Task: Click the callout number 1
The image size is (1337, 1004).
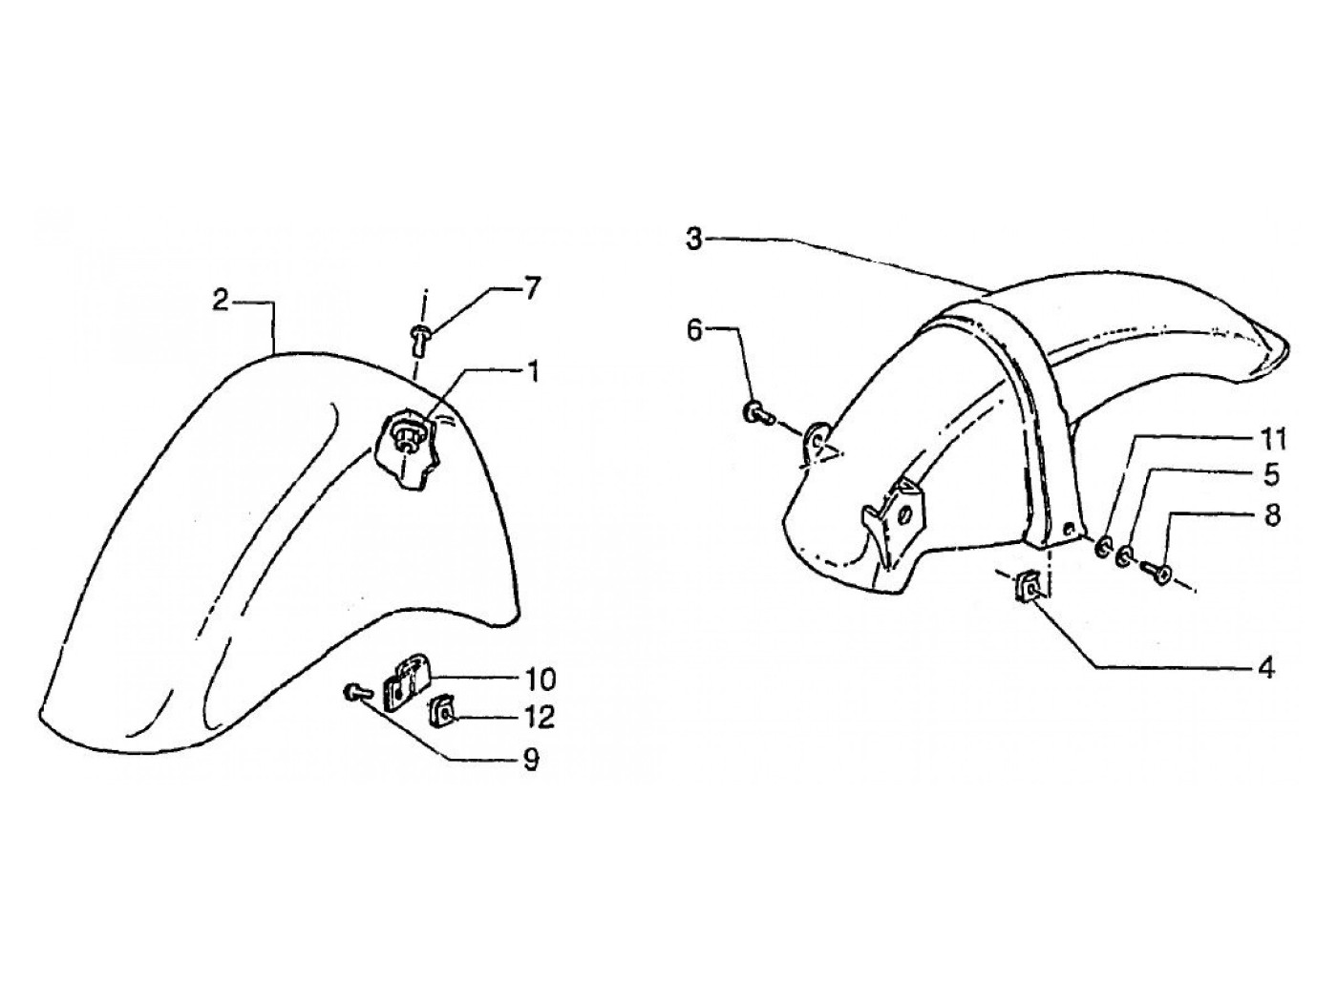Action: pyautogui.click(x=532, y=371)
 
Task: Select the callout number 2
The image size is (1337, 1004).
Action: pyautogui.click(x=221, y=302)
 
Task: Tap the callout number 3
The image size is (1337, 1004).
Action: pyautogui.click(x=695, y=239)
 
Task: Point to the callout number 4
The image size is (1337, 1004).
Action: pyautogui.click(x=1265, y=667)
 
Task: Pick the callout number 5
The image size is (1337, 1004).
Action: pyautogui.click(x=1270, y=474)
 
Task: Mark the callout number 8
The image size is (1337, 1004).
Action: pyautogui.click(x=1270, y=515)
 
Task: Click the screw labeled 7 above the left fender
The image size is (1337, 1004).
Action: pyautogui.click(x=420, y=333)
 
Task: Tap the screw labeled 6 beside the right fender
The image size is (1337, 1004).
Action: pyautogui.click(x=753, y=413)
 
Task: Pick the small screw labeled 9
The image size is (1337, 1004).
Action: pyautogui.click(x=354, y=691)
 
